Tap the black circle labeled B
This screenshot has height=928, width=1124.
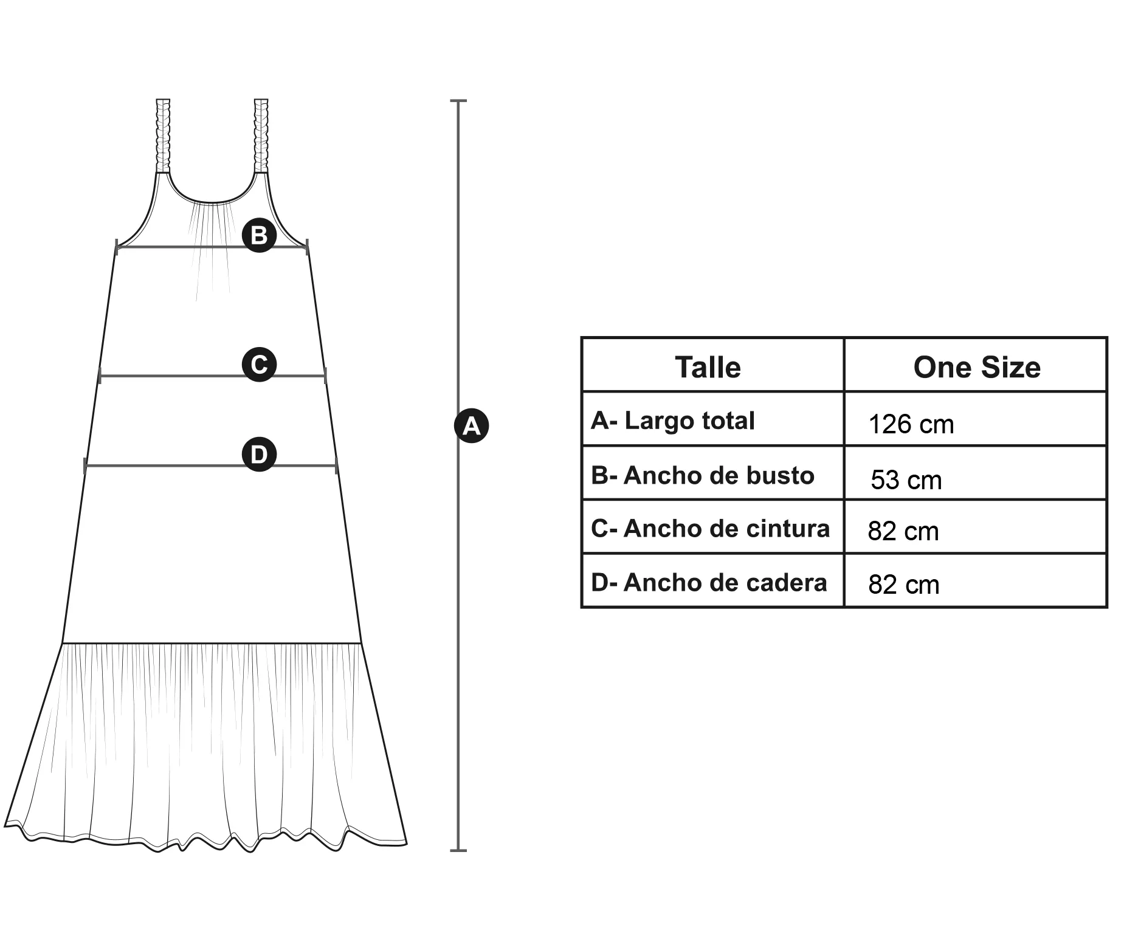(x=260, y=235)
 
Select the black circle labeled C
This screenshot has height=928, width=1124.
(x=260, y=365)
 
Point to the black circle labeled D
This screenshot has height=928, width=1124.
(x=260, y=454)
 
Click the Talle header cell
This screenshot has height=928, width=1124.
(x=708, y=367)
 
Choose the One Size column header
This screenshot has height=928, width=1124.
(x=976, y=367)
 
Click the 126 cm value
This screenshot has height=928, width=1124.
(x=911, y=424)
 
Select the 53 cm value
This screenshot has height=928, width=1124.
(x=906, y=480)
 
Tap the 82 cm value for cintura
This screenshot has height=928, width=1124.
(x=903, y=531)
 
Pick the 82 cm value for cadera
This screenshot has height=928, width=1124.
(x=903, y=585)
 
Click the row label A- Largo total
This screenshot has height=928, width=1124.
(x=672, y=421)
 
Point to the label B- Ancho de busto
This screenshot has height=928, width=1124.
(x=702, y=475)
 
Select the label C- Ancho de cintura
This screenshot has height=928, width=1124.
(x=710, y=529)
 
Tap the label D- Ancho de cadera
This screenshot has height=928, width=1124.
(x=709, y=583)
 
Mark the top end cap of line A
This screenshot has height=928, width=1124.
(x=458, y=100)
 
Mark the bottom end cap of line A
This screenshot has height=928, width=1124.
(x=458, y=850)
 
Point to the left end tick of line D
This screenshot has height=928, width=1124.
(x=85, y=466)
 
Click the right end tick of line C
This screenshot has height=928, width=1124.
(x=326, y=376)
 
